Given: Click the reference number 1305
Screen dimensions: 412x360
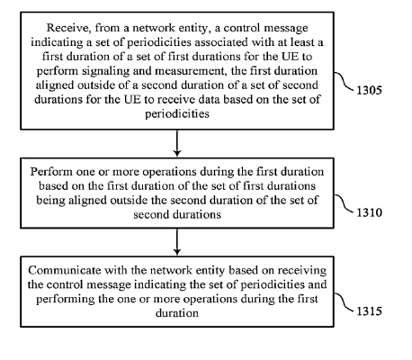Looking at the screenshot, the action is (x=369, y=90).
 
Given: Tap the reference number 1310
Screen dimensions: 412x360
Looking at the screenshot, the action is (x=369, y=212).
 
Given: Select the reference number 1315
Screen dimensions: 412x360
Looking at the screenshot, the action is (x=369, y=311).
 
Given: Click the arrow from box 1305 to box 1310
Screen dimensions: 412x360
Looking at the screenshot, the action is (x=177, y=143).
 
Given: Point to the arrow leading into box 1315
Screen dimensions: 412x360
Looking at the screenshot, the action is (x=177, y=242).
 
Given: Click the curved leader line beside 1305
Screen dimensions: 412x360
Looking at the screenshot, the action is (x=344, y=81).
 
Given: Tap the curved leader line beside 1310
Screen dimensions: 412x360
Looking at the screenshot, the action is (x=344, y=203).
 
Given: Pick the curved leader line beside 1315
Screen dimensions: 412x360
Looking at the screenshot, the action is (x=344, y=302).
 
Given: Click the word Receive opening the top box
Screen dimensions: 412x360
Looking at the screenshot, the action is (x=69, y=28).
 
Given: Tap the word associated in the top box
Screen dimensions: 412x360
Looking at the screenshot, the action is (x=221, y=42).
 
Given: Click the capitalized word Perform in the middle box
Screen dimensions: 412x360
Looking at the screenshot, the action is (x=51, y=172).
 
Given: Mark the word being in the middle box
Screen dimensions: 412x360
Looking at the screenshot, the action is (x=50, y=201).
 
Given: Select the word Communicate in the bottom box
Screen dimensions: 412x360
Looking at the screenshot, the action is (x=65, y=271).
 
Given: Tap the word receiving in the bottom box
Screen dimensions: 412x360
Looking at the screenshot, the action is (x=302, y=271).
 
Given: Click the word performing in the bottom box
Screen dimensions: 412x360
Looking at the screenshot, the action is (x=66, y=300).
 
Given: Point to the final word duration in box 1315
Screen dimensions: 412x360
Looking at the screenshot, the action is (x=177, y=313).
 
